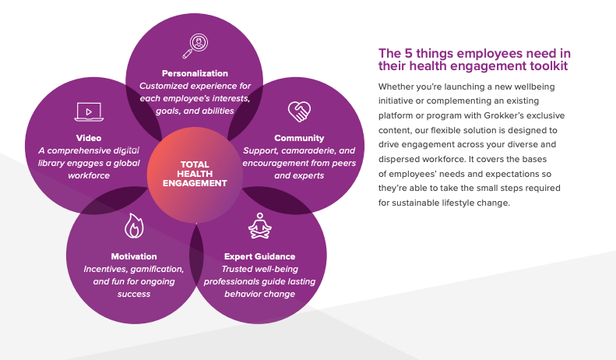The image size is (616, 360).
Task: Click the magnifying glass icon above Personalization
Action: (x=195, y=46)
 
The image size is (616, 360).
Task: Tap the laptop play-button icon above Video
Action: (x=89, y=112)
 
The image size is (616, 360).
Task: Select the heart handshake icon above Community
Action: (x=299, y=111)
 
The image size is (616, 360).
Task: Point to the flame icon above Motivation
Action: (x=134, y=226)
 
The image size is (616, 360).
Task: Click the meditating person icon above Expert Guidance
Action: (x=259, y=226)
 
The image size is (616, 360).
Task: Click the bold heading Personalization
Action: (x=195, y=73)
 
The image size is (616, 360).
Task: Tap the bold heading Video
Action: (x=89, y=138)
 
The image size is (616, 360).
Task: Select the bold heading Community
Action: (x=299, y=139)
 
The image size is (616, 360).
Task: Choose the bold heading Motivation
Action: (x=134, y=256)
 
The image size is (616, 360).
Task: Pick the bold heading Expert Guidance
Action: (x=259, y=256)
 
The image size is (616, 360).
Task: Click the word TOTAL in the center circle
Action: (x=195, y=164)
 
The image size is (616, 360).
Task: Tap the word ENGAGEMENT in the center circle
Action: (x=195, y=183)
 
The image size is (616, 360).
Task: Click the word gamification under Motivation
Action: (x=158, y=269)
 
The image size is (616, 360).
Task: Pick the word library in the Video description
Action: (x=51, y=164)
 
